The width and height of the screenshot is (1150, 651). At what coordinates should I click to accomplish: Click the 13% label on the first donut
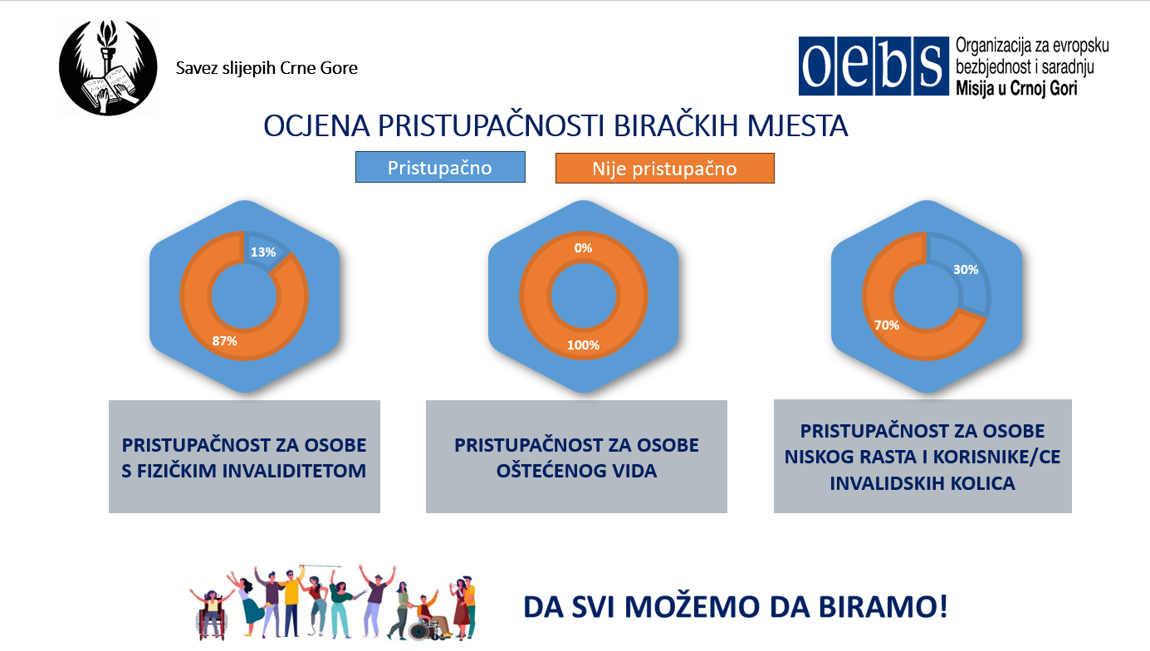263,252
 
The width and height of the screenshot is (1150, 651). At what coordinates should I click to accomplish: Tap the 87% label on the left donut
225,341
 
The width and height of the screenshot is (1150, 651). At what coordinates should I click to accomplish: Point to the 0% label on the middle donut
583,248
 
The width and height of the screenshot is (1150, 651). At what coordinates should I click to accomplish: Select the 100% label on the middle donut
583,345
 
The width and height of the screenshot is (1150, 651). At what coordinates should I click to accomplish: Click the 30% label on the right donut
966,270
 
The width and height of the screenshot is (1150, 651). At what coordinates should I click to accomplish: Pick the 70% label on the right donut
887,325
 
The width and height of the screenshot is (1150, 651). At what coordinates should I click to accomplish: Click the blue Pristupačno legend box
440,167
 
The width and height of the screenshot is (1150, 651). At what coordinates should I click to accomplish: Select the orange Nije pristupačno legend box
665,168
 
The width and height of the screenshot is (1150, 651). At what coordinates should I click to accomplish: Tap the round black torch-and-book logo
108,67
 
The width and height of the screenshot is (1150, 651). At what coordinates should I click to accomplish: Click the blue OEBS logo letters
874,66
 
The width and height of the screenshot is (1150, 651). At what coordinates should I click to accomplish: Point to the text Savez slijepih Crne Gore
267,68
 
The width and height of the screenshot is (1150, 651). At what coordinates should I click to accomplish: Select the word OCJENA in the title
316,125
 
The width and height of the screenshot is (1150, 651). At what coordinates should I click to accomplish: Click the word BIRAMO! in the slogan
883,606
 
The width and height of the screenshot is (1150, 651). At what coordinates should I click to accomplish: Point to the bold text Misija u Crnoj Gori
1016,88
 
